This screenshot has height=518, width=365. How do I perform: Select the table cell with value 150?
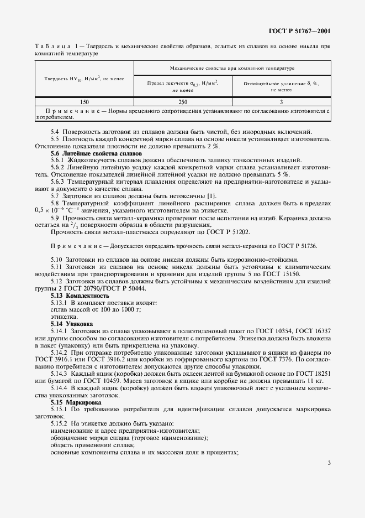(x=84, y=102)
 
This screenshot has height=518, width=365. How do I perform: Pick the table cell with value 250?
(x=183, y=102)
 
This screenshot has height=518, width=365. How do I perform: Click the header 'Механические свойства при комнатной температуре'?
(x=232, y=68)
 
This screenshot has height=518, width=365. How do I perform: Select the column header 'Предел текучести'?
(x=183, y=85)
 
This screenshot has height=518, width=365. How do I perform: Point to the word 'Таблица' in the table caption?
(x=54, y=47)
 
